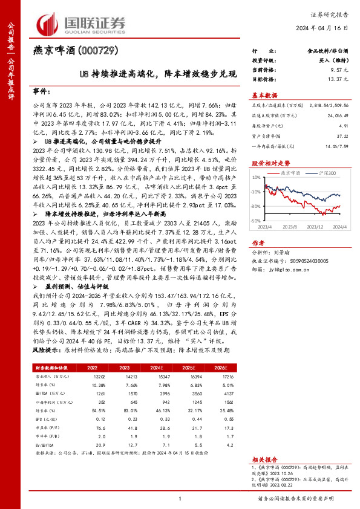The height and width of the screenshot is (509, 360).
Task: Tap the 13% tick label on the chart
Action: [257, 178]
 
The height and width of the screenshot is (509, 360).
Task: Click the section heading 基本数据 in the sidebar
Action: [264, 95]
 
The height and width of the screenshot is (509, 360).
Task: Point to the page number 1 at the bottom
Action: [180, 498]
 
